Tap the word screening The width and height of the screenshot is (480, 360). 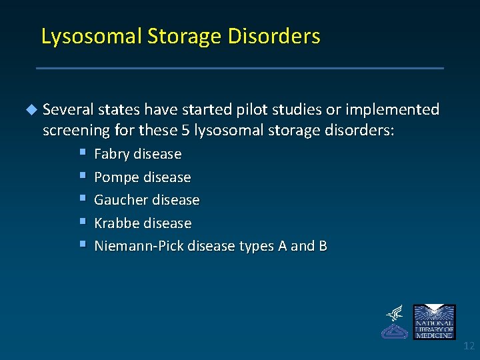[x=74, y=131]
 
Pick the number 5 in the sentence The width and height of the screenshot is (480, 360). [x=186, y=131]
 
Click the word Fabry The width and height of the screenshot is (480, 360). [x=112, y=154]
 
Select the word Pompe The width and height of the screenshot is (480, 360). [x=115, y=177]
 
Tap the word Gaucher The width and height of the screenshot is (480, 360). [x=121, y=200]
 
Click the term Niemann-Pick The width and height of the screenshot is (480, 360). [x=139, y=246]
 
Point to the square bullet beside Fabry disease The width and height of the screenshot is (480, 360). [x=81, y=153]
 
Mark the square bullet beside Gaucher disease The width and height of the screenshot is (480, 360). [x=81, y=199]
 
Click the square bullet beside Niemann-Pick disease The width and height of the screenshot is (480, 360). [x=81, y=245]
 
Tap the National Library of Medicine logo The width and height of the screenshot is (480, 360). [x=434, y=321]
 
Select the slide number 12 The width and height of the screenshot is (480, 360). [x=469, y=346]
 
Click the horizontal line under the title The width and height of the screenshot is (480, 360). [x=239, y=68]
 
